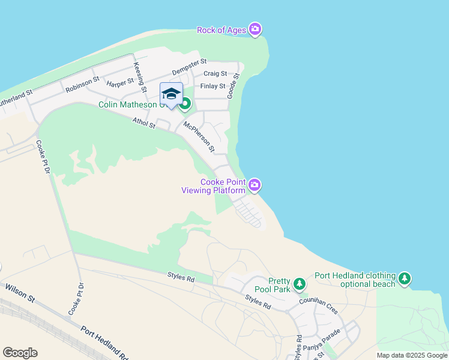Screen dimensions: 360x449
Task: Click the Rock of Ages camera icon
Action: coord(255,29)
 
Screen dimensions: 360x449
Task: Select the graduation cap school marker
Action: coord(171,94)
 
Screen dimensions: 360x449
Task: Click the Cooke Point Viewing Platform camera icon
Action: coord(255,185)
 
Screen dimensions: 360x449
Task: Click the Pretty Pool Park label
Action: coord(280,285)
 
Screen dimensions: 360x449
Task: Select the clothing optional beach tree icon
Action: coord(405,278)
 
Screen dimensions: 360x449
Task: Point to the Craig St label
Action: coord(215,74)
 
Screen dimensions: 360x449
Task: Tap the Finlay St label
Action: coord(212,86)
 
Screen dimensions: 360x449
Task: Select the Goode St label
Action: coord(233,86)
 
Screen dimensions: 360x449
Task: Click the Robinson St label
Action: coord(82,84)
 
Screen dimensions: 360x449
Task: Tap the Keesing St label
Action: coord(140,76)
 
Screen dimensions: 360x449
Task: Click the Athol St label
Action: coord(145,123)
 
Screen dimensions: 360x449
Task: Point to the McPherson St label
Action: coord(199,136)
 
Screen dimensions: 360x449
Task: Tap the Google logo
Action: coord(20,353)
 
